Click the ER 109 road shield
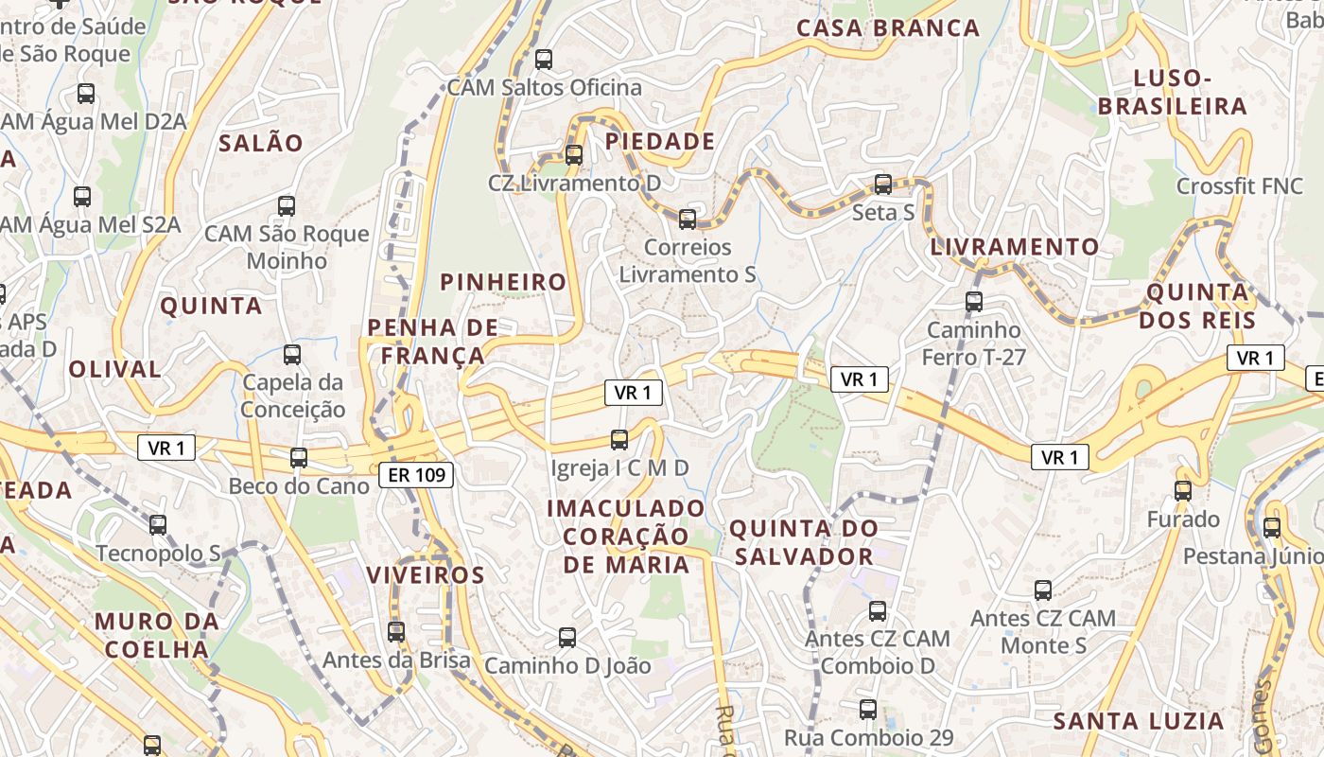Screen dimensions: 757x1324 (416, 475)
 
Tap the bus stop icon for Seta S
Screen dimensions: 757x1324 (883, 185)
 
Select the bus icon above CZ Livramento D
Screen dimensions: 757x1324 (574, 154)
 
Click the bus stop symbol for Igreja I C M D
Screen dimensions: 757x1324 (619, 439)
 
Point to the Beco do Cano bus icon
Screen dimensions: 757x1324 (299, 458)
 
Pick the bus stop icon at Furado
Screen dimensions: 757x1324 (1183, 491)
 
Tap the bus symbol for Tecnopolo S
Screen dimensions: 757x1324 (158, 524)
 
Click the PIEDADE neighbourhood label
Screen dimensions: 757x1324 (660, 142)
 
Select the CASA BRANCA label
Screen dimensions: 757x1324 (888, 28)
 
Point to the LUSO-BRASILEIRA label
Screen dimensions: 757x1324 (1173, 92)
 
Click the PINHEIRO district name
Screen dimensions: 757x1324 (503, 282)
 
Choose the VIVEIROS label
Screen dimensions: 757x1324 (426, 575)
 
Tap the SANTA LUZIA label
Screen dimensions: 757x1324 (1139, 721)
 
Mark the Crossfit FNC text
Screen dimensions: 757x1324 (1240, 186)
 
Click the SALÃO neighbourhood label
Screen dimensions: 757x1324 (261, 144)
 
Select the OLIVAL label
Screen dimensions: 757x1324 (115, 369)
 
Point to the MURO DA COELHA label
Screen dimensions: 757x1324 (157, 636)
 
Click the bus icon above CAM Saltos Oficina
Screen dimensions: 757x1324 (544, 60)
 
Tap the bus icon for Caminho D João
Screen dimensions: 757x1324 (567, 638)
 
